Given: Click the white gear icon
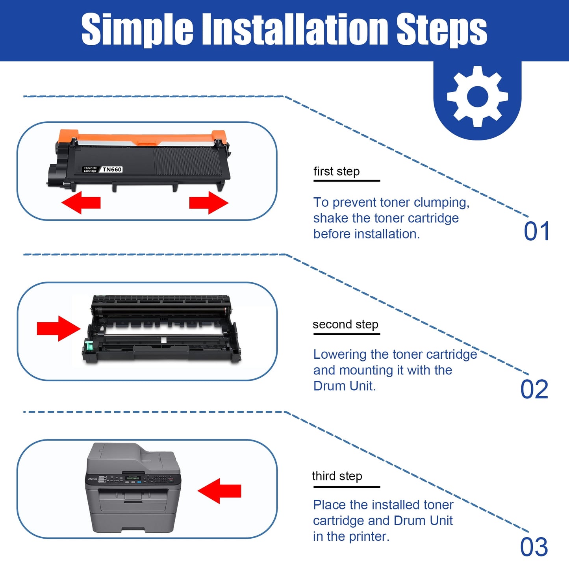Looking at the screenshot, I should point(477,96).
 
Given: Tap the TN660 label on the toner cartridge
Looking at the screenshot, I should point(112,170).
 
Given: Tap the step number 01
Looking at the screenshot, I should point(536,231).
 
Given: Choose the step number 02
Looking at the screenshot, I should point(534,389).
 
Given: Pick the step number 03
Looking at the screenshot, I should point(534,547).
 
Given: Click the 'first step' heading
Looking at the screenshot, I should point(336,172).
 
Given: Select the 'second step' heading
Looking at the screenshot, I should point(345,324).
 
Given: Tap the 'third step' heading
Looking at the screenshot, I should point(337,476).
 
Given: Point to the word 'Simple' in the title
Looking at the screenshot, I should point(137,29).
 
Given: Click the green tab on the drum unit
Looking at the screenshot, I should point(89,347).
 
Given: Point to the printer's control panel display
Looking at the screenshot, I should point(133,478).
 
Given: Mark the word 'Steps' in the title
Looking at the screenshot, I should point(441,29).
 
